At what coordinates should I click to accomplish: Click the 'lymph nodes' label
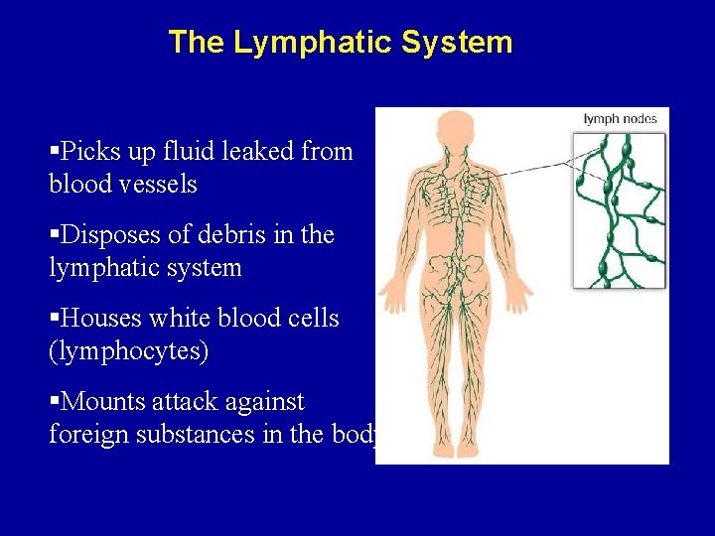tap(620, 119)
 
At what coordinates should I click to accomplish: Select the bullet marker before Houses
tap(54, 320)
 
